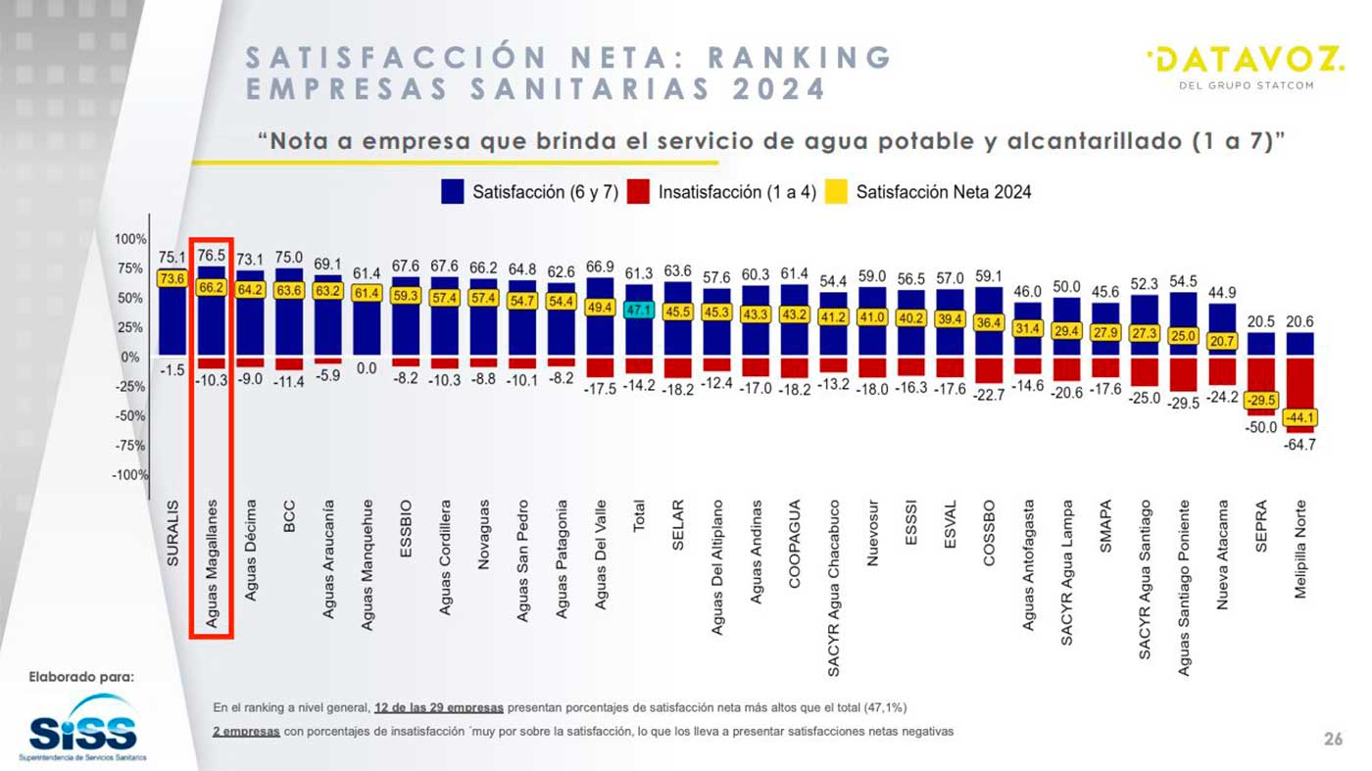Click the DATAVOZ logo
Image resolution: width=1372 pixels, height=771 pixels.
1246,67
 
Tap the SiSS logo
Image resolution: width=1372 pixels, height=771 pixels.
82,728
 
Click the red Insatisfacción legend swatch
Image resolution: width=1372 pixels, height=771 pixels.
638,192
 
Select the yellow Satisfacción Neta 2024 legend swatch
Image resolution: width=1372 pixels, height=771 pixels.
835,192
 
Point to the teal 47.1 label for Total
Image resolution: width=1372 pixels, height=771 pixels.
639,310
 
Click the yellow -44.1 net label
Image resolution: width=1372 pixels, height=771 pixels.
1299,417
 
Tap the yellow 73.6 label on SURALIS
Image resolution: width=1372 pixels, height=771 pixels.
172,278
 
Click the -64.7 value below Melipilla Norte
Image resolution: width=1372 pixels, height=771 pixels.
1299,445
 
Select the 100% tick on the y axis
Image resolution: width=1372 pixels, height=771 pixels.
129,239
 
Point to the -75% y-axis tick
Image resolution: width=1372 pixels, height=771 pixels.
129,445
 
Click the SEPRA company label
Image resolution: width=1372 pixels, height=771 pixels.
1260,526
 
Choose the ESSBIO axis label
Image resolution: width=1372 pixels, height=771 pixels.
406,528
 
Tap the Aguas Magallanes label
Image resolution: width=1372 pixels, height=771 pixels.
212,563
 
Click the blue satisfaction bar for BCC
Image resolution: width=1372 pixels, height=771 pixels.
289,312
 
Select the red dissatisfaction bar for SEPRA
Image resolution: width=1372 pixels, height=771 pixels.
1261,387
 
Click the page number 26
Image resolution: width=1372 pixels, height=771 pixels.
1334,739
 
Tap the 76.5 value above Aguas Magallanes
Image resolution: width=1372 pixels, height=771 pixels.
212,256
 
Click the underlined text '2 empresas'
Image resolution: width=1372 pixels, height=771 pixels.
246,731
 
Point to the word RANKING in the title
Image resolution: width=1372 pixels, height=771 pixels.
800,58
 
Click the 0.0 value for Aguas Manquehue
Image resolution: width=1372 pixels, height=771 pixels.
367,368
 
